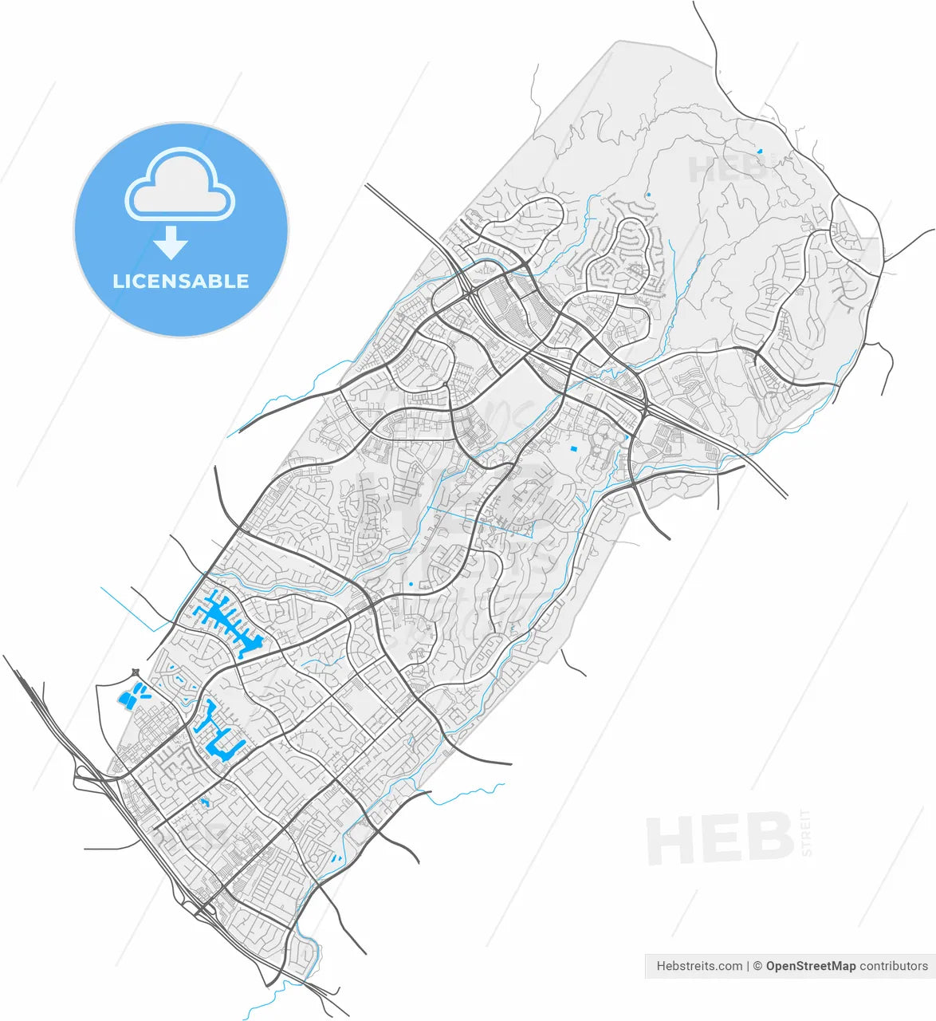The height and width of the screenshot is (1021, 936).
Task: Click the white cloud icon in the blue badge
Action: [180, 185]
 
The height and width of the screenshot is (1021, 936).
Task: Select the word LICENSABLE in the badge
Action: [181, 281]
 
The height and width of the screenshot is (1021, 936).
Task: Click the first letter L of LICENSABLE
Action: [118, 281]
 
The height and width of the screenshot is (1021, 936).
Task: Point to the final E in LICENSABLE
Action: [242, 281]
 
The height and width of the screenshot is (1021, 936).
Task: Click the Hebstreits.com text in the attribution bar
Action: [699, 966]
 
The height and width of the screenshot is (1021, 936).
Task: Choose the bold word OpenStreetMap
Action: [810, 966]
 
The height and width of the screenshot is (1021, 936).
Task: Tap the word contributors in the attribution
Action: [894, 966]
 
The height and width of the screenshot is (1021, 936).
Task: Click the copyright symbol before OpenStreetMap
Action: [758, 966]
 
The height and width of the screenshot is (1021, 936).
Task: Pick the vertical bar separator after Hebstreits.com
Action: [748, 966]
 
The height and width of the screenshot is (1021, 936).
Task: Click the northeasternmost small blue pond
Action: [760, 151]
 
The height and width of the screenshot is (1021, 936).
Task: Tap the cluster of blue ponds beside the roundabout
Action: [131, 697]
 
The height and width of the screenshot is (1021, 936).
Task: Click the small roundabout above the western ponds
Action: [136, 672]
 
